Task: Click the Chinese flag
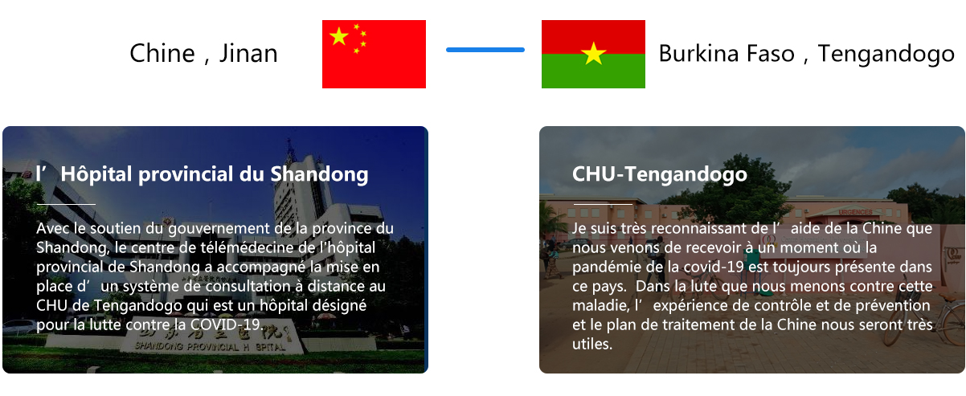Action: point(374,54)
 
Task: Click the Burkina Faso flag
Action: point(593,54)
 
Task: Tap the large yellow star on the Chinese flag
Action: point(339,36)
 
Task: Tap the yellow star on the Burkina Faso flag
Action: point(594,54)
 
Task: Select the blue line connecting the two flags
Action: point(485,50)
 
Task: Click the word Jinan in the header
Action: point(248,54)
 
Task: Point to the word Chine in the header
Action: point(162,54)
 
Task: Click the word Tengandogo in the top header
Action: point(886,55)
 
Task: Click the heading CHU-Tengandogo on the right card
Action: point(659,174)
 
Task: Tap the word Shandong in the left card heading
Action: point(319,174)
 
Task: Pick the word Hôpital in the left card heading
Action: point(96,174)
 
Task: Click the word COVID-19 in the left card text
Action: point(227,325)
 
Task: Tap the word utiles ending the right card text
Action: point(592,344)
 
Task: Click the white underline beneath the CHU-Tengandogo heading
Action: point(603,204)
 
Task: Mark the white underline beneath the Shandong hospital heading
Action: point(66,204)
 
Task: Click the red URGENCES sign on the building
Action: point(856,212)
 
